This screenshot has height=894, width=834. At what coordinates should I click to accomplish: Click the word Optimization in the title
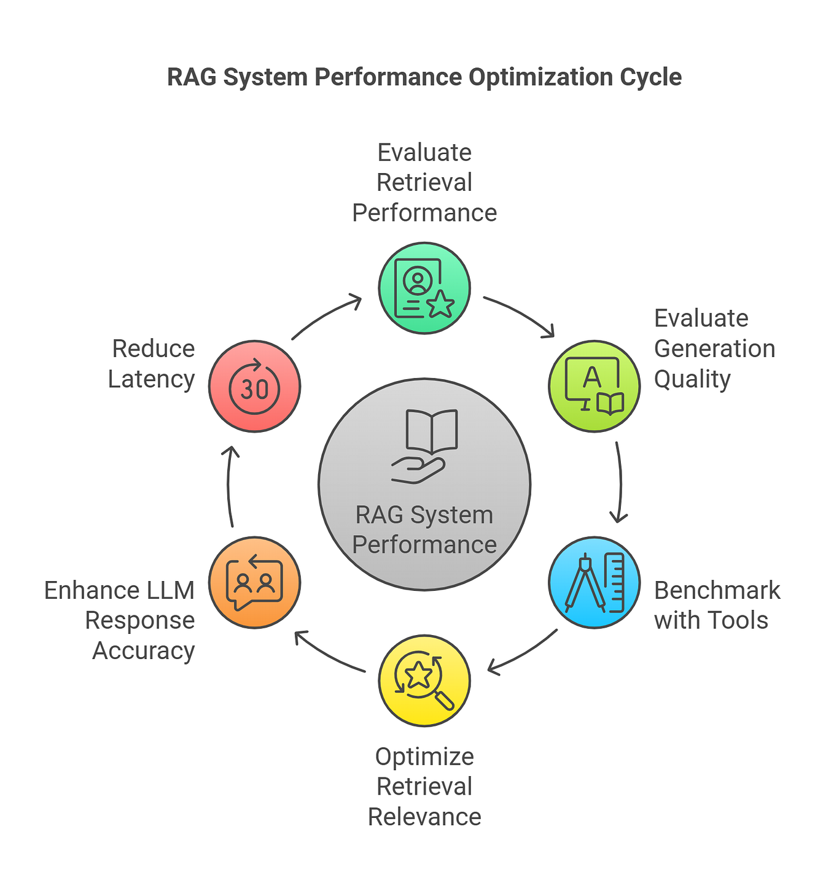pos(540,77)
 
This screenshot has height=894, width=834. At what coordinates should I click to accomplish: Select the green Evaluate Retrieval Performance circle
pos(424,288)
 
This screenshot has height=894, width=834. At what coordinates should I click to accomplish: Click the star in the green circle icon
pos(440,305)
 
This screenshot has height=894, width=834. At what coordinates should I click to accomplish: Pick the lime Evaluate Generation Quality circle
pos(594,386)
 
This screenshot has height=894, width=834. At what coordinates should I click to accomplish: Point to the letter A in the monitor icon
pos(591,377)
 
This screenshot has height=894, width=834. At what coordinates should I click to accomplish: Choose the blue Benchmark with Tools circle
pos(594,582)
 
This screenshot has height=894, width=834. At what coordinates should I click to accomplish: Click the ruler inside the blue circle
pos(615,582)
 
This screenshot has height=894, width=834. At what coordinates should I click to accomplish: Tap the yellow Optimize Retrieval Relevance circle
pos(424,680)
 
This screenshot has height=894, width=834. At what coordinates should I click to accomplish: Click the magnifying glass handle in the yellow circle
pos(444,700)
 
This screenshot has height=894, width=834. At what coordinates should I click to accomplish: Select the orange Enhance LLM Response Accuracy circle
pos(255,582)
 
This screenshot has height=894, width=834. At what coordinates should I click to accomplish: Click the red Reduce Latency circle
pos(255,386)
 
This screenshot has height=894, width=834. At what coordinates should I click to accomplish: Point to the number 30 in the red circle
pos(255,390)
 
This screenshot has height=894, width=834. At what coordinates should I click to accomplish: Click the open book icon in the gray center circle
pos(432,431)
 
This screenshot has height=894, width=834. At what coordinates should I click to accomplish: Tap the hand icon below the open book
pos(418,471)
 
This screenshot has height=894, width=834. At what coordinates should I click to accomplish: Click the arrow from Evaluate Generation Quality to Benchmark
pos(620,482)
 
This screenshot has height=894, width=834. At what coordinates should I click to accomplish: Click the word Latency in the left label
pos(152,379)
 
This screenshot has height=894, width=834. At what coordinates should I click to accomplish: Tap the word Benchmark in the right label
pos(717,590)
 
